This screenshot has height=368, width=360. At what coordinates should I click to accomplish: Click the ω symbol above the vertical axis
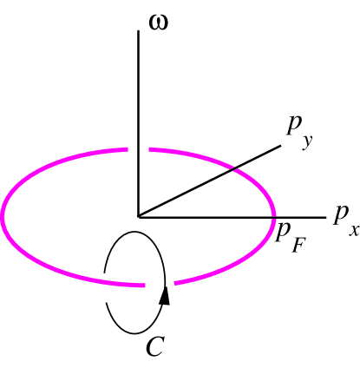(159, 19)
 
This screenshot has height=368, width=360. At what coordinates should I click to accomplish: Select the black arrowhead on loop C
(166, 296)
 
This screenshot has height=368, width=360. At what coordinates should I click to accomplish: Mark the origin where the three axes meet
(138, 216)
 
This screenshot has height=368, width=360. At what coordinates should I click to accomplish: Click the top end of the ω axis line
(138, 30)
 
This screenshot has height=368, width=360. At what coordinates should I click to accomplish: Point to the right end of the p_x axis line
(324, 216)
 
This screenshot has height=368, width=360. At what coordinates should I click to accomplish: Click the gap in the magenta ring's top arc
(139, 149)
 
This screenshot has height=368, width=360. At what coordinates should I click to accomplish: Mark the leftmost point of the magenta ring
(3, 216)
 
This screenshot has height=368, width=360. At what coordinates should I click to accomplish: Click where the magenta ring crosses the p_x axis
(273, 216)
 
